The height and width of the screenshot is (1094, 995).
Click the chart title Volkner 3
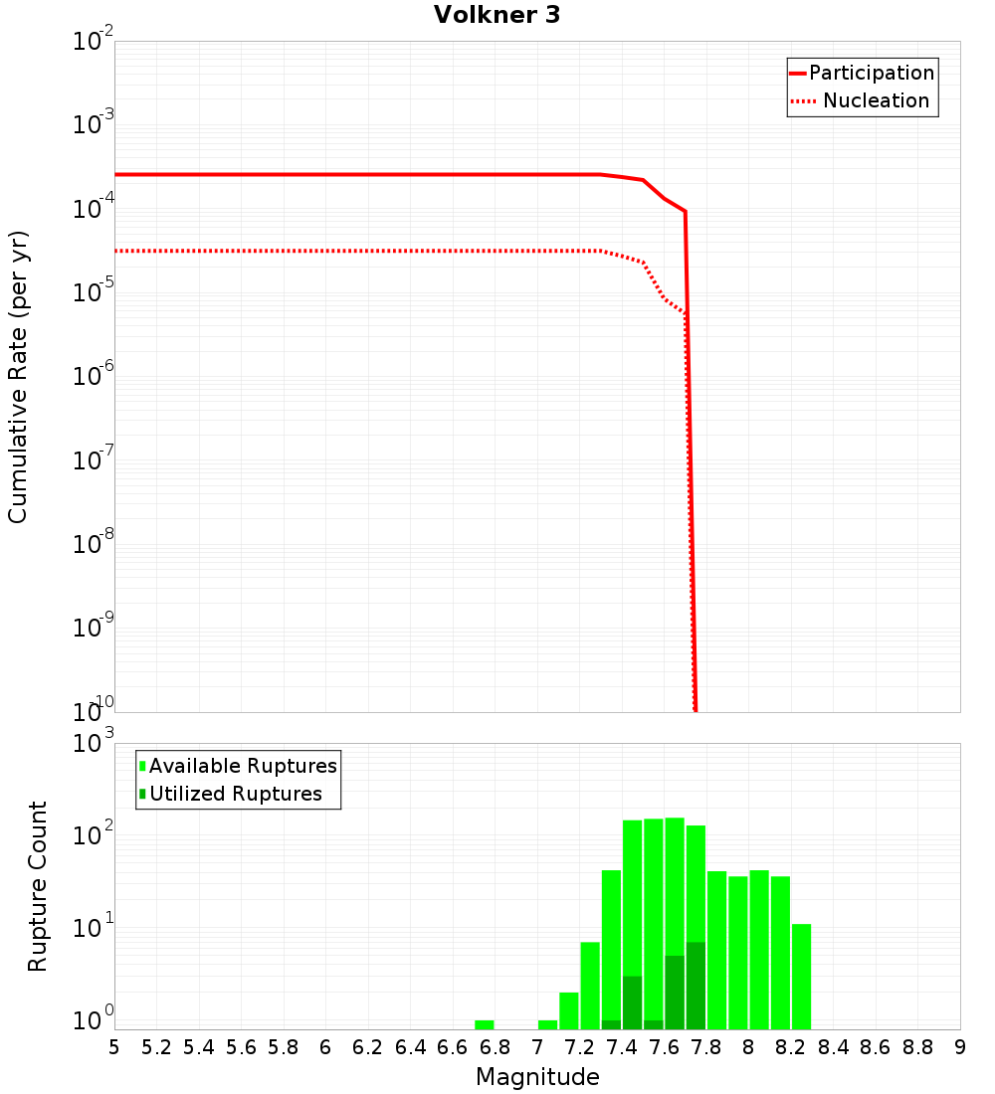pos(497,15)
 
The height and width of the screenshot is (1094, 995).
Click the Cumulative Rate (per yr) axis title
pos(18,377)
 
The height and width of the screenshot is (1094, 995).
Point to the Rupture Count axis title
pos(38,886)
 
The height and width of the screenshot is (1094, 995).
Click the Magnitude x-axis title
pos(537,1077)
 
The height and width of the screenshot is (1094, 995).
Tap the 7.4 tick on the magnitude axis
pos(622,1047)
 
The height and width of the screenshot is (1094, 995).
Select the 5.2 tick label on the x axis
pos(156,1047)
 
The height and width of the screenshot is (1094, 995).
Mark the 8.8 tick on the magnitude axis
pos(917,1047)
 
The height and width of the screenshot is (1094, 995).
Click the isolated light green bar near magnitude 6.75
pos(485,1024)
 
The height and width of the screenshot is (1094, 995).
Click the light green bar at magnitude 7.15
pos(569,1010)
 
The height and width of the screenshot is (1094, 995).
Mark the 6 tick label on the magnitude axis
pos(325,1047)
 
